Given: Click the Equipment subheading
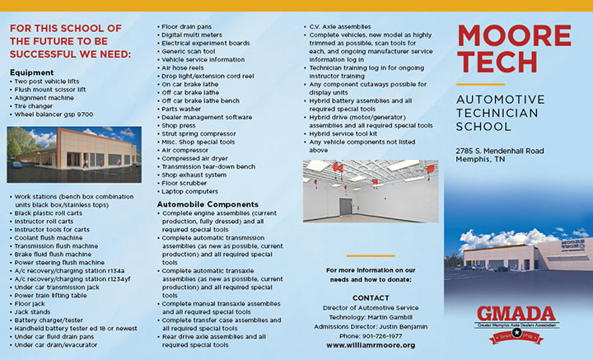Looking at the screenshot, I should [x=32, y=72].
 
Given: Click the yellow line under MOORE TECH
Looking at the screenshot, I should [x=479, y=84].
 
